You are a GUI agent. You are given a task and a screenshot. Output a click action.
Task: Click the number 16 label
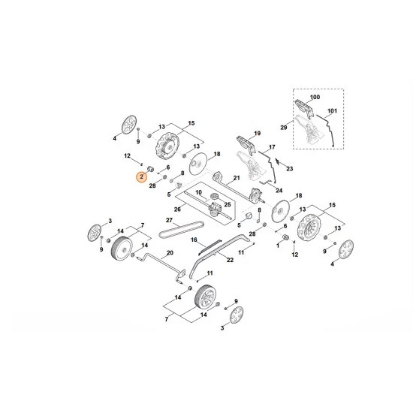194,240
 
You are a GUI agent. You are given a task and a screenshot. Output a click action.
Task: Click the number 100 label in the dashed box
315,98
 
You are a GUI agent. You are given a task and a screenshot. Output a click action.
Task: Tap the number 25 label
227,203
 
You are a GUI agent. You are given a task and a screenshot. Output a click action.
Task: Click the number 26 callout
176,209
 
